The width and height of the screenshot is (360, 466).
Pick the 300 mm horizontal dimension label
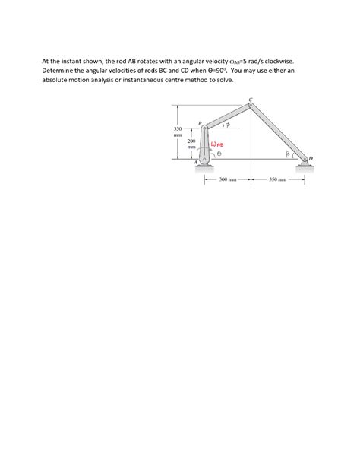(x=228, y=180)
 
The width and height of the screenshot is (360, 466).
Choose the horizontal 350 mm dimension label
(x=276, y=180)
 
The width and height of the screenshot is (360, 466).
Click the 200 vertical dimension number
(x=191, y=141)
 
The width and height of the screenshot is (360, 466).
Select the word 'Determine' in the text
(x=58, y=69)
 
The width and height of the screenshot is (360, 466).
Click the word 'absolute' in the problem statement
(x=55, y=79)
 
